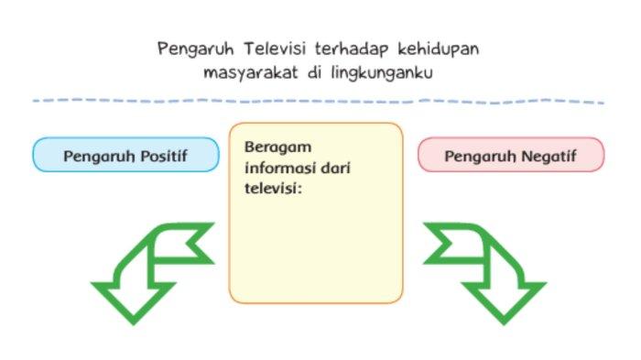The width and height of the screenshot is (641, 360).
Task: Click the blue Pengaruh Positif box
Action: pos(125,155)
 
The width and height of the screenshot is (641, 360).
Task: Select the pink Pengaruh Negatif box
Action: pos(511,155)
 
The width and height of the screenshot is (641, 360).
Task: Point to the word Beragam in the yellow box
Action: pos(271,148)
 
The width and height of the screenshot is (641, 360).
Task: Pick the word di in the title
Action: pos(316,71)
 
